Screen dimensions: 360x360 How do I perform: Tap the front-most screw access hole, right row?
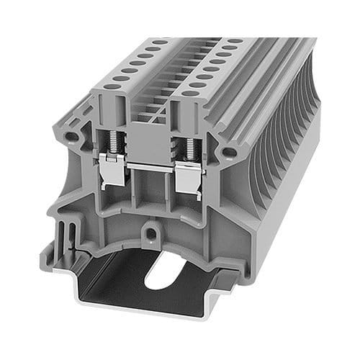(x=190, y=92)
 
